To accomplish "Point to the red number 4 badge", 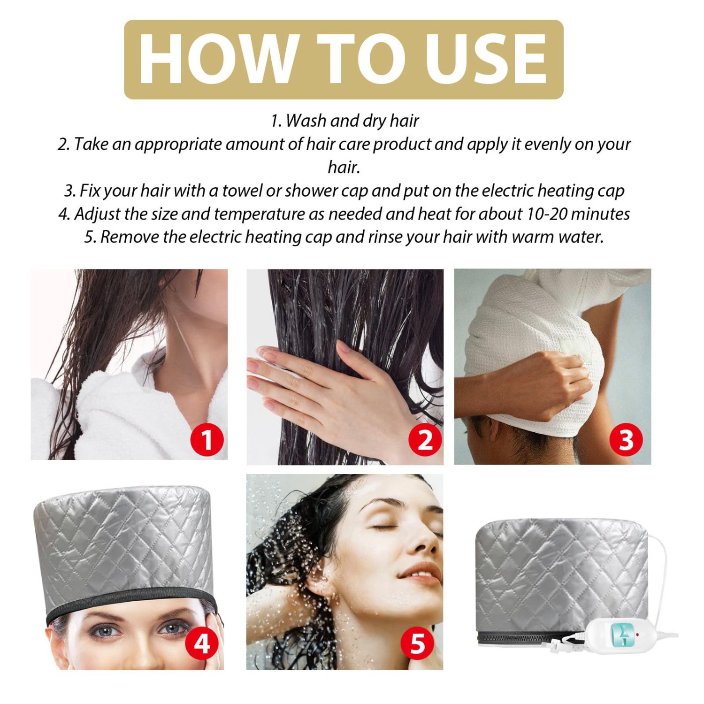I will click(x=202, y=643).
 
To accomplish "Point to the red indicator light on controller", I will click(x=638, y=634).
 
